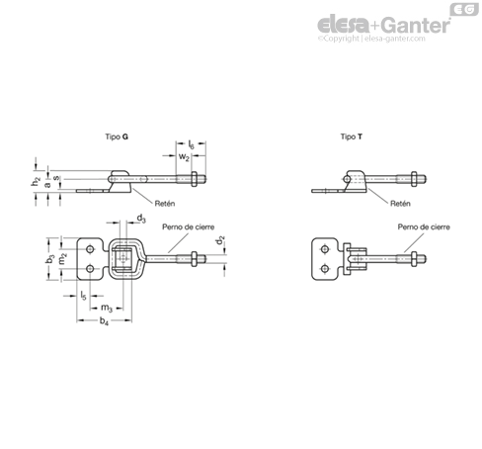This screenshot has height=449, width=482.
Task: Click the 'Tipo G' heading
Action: click(117, 136)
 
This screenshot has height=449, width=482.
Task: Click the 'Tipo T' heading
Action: click(352, 136)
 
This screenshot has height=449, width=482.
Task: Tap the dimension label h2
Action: click(36, 181)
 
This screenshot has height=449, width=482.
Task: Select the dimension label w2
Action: click(184, 157)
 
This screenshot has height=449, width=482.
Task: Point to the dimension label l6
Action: click(191, 144)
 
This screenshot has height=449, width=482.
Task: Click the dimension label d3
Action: click(141, 219)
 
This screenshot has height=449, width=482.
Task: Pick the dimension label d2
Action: click(219, 240)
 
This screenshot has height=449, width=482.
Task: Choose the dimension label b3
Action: click(50, 259)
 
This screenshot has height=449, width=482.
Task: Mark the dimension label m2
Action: click(62, 259)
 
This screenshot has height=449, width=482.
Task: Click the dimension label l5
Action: click(83, 296)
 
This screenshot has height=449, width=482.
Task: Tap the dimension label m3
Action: click(107, 308)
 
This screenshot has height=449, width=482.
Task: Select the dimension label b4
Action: click(104, 320)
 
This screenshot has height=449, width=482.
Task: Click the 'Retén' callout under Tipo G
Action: click(165, 204)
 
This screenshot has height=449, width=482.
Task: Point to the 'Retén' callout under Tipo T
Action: click(400, 204)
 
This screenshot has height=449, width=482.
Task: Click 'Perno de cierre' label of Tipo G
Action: click(189, 226)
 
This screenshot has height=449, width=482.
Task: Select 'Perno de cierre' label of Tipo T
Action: click(424, 226)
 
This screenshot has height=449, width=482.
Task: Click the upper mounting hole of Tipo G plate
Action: click(90, 249)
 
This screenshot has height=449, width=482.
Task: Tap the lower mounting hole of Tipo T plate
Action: click(325, 269)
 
